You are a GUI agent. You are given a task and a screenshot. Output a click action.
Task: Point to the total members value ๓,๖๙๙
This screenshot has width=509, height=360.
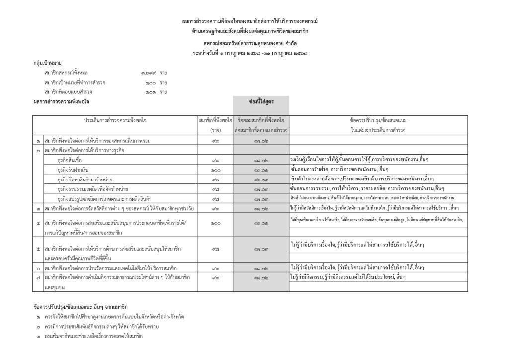[148, 73]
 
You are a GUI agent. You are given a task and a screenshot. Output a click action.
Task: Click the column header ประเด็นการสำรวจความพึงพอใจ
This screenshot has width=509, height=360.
[115, 120]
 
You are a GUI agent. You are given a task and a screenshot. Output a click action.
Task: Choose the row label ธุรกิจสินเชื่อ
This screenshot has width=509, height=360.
[71, 160]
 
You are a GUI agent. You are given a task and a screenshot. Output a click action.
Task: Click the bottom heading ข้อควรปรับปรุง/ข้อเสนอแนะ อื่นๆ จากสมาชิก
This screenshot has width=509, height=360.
[81, 306]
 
